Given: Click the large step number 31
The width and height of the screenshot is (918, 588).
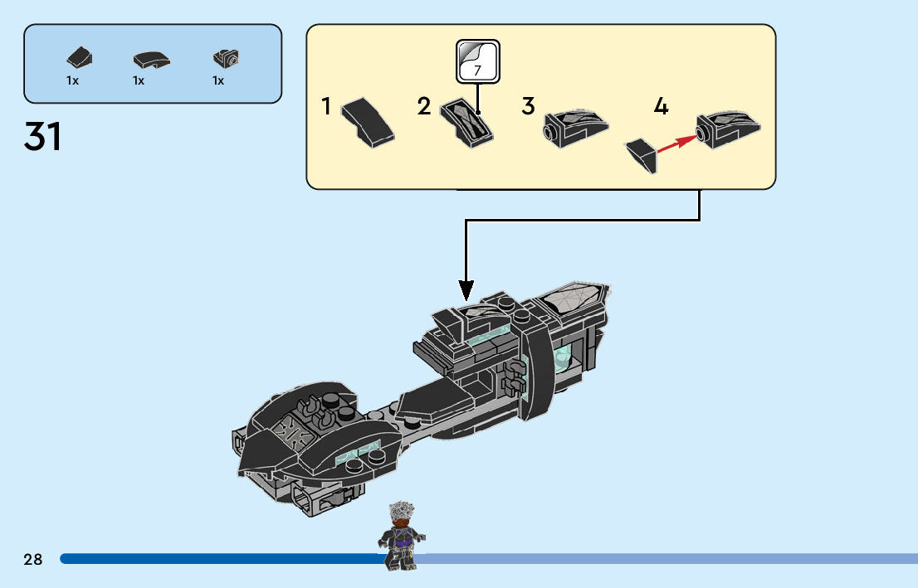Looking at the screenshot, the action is tap(42, 137).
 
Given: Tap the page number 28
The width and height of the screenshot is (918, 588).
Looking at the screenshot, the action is tap(33, 559).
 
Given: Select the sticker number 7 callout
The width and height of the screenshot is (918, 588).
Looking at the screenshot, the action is tap(478, 61).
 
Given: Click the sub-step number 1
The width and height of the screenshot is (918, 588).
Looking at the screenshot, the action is tap(326, 106).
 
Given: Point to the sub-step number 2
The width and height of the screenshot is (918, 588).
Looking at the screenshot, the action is tap(424, 106).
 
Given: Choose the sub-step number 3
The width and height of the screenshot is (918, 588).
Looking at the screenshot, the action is tap(528, 106).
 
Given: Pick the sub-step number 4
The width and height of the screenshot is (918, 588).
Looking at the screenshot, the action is tap(661, 106).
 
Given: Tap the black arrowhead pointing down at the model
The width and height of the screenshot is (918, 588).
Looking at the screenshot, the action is tap(466, 290).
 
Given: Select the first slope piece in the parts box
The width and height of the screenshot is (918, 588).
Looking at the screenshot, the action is tap(80, 57).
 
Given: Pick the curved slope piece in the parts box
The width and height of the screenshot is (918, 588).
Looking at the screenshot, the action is tap(151, 60).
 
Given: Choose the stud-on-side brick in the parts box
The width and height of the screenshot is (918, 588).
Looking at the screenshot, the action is tap(226, 58).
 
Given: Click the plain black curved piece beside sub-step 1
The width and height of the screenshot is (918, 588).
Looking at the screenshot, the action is tap(368, 122).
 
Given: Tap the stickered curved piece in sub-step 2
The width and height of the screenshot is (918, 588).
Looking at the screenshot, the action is tap(466, 123).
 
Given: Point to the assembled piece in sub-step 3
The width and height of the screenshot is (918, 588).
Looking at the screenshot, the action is tap(575, 129).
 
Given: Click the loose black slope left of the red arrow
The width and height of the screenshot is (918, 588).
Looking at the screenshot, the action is tap(641, 155).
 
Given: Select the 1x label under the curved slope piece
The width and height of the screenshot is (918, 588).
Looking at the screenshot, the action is tap(139, 80).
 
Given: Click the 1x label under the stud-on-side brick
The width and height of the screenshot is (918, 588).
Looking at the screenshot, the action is tap(218, 80).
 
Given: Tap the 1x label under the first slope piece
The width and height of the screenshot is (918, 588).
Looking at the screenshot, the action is tap(72, 80).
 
